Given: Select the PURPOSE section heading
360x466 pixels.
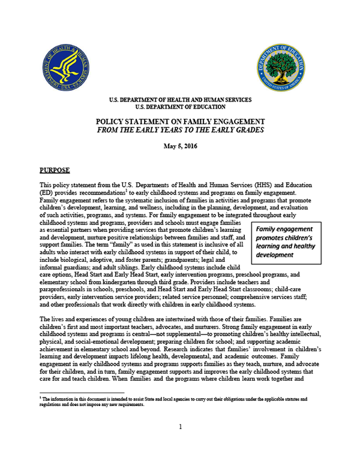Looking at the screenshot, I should [56, 170].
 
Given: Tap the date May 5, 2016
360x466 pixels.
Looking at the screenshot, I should [180, 146].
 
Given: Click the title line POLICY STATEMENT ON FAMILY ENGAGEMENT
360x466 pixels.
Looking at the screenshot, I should [180, 121].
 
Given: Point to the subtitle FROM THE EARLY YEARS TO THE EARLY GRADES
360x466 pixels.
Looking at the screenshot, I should [180, 130].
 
